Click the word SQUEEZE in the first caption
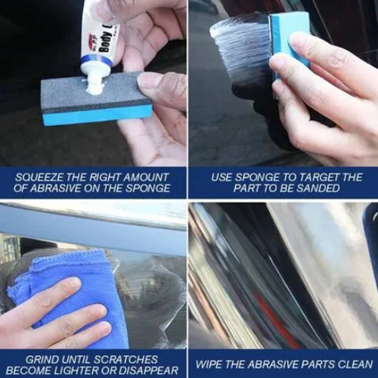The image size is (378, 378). coord(39,177)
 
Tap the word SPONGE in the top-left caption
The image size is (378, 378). coord(146,188)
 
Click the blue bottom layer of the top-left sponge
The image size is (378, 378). coord(83,115)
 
